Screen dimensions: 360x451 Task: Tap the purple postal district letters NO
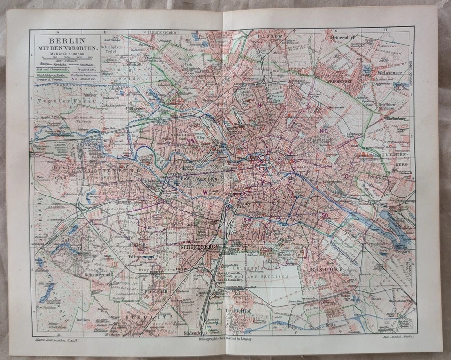click(x=324, y=131)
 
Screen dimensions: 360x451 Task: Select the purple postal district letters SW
click(x=248, y=219)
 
